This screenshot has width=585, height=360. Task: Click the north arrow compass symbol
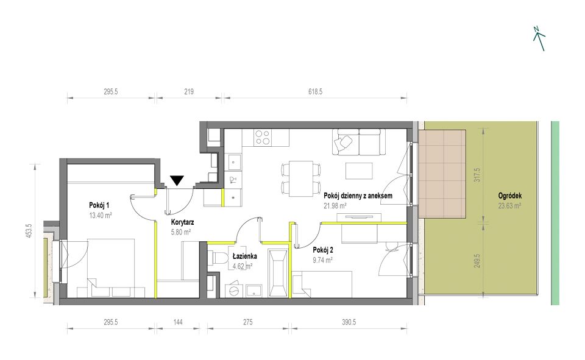click(x=539, y=39)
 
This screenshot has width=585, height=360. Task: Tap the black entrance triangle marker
click(x=177, y=180)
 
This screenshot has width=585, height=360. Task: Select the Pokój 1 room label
click(x=99, y=205)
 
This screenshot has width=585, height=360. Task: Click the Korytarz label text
click(x=182, y=222)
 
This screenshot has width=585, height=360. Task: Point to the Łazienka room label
click(x=244, y=256)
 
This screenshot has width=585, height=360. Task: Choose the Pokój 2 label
click(x=323, y=250)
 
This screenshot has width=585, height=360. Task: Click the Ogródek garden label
click(x=510, y=196)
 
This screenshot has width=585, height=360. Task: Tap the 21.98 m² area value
click(x=336, y=205)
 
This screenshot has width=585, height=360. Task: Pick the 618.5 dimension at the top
click(x=315, y=91)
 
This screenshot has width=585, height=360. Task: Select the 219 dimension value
click(x=189, y=91)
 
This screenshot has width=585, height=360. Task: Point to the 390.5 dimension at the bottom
click(x=349, y=322)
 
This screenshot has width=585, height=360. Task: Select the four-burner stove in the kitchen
click(x=262, y=138)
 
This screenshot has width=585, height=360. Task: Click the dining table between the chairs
click(x=301, y=178)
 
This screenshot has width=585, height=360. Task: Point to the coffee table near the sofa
click(x=360, y=171)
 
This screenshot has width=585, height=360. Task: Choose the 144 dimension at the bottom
click(x=179, y=322)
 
